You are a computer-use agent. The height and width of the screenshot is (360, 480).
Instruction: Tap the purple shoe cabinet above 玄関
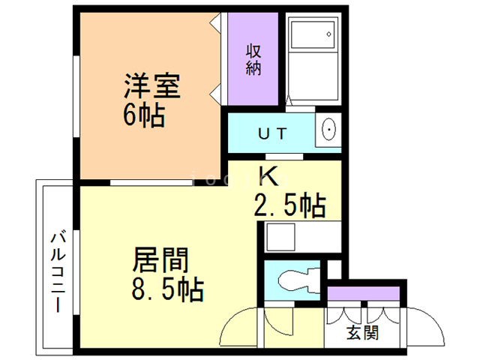click(365, 293)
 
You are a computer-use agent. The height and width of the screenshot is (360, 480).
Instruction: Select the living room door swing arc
click(240, 326)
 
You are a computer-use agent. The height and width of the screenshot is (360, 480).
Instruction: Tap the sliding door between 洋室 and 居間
click(150, 181)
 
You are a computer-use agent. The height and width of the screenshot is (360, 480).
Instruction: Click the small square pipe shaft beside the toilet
click(334, 268)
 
